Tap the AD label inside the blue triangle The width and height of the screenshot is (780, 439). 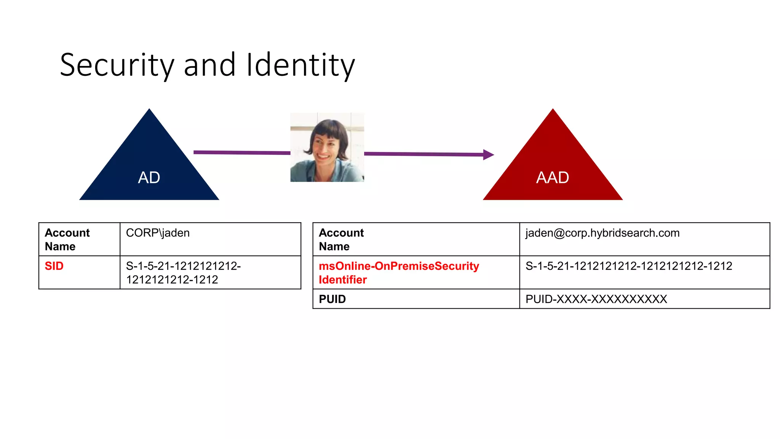coord(149,178)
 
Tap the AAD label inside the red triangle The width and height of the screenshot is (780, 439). coord(553,178)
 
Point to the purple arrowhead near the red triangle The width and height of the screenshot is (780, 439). coord(488,155)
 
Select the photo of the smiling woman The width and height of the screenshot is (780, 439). coord(327,147)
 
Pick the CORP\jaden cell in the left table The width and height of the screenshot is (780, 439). coord(158,233)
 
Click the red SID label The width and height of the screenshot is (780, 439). coord(54,266)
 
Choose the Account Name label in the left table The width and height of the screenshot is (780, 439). coord(67,239)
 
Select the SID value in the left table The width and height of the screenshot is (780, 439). coord(183,273)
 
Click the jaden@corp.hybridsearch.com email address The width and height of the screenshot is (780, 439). coord(603,233)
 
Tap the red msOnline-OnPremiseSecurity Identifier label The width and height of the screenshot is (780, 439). coord(399,273)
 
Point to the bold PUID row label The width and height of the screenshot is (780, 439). coord(332,299)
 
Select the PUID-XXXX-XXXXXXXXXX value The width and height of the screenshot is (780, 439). coord(596,299)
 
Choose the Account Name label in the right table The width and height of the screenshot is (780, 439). coord(341,239)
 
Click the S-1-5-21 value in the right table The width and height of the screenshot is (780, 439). coord(629,266)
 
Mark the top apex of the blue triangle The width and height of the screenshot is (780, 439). coord(149,110)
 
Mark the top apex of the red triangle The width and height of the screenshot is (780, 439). coord(553,110)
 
